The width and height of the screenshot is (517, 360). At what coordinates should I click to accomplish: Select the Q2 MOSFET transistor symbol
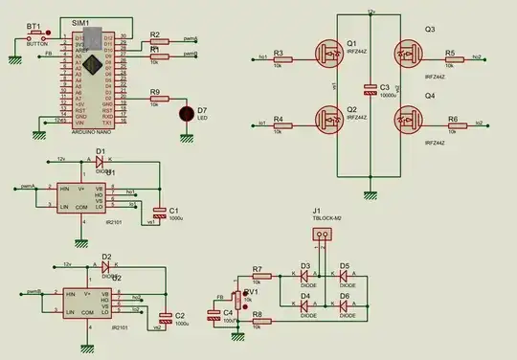[x=331, y=122]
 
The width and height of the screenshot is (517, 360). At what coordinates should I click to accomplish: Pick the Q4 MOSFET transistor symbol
[x=410, y=122]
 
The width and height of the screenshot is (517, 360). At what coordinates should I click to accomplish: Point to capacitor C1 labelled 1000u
[x=159, y=212]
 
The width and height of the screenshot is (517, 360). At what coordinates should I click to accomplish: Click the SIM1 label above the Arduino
[x=80, y=21]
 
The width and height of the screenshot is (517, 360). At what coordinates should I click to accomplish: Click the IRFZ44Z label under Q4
[x=436, y=142]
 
